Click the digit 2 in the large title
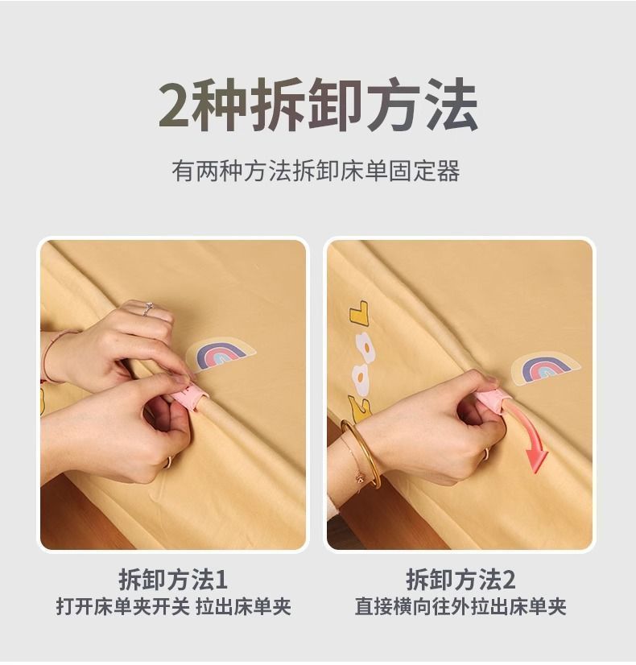[x=174, y=105]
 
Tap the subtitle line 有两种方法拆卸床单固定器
[x=316, y=171]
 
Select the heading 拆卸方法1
[x=173, y=579]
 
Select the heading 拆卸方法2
[x=460, y=579]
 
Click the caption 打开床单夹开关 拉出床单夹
[x=173, y=606]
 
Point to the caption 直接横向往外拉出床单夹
[x=460, y=606]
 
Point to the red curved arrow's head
[x=537, y=461]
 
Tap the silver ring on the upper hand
[x=147, y=308]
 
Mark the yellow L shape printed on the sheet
[x=359, y=312]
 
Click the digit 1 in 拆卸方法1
[x=221, y=580]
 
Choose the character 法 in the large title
[x=451, y=105]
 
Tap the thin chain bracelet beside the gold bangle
[x=355, y=461]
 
